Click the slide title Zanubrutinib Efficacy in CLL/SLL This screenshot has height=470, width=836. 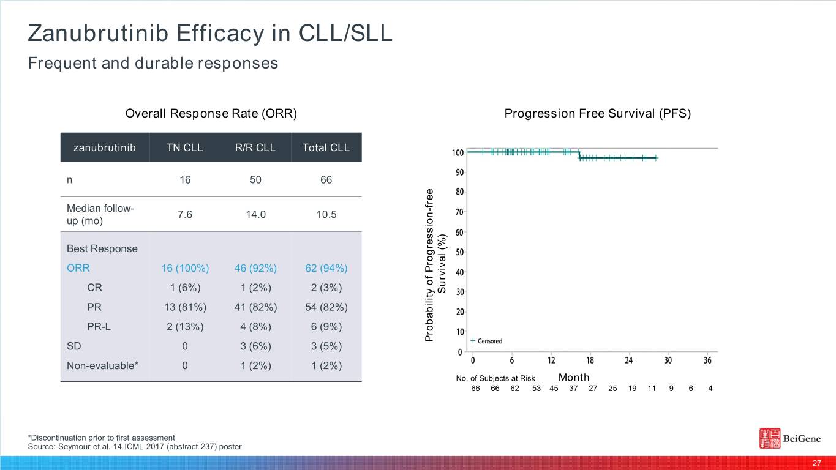click(x=209, y=33)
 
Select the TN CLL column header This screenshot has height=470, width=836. click(x=185, y=147)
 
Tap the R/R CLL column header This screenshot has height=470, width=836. click(x=255, y=147)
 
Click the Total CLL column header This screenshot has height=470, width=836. click(x=326, y=147)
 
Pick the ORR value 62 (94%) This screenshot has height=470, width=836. click(x=326, y=268)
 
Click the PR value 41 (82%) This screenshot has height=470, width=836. click(x=255, y=307)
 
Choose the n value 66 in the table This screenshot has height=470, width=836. click(x=326, y=180)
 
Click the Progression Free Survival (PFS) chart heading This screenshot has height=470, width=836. click(x=597, y=114)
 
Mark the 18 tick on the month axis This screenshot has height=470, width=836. click(x=590, y=360)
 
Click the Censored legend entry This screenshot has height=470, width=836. click(x=488, y=341)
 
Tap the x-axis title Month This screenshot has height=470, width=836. click(x=574, y=377)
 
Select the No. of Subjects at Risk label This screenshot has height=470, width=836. click(x=495, y=378)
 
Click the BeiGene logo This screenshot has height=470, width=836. click(x=794, y=438)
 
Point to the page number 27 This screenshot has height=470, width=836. click(x=816, y=463)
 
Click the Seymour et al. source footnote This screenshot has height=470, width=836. click(x=135, y=446)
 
